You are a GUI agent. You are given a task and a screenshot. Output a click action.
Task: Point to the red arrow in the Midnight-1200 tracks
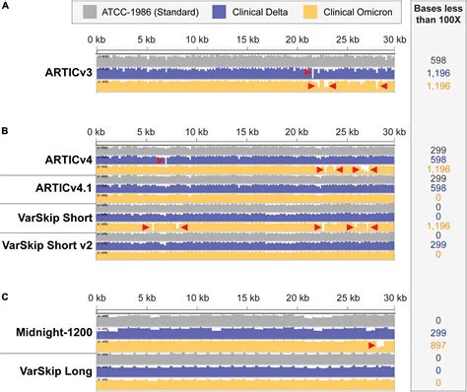coord(375,345)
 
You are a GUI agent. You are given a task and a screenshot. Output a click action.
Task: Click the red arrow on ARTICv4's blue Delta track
coord(161,160)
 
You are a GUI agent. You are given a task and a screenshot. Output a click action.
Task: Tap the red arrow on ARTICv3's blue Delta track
coord(307,73)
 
